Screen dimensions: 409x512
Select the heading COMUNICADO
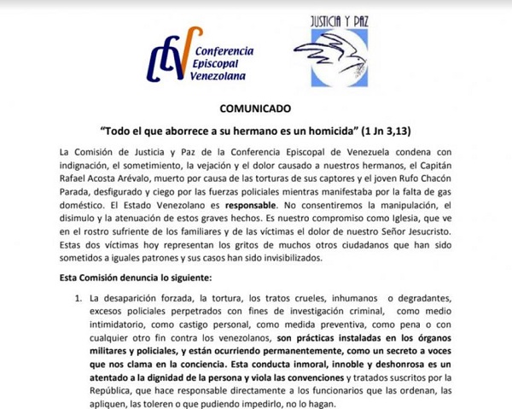(x=255, y=110)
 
